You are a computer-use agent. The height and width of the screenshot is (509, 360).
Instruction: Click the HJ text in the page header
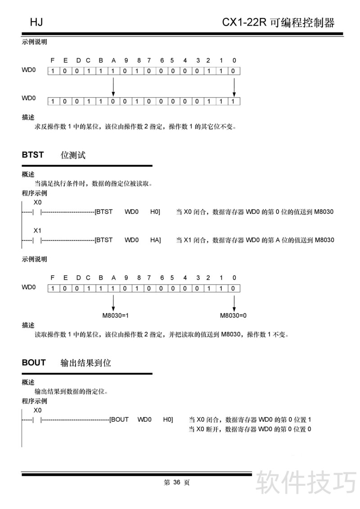point(36,22)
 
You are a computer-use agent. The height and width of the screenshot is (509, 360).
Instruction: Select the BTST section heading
point(33,155)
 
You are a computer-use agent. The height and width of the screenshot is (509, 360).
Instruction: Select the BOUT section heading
point(34,362)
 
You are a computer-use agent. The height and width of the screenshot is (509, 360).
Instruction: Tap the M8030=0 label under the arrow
point(233,316)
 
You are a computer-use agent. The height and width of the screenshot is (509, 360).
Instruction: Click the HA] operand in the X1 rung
point(155,240)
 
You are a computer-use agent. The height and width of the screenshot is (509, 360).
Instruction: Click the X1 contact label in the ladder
point(38,230)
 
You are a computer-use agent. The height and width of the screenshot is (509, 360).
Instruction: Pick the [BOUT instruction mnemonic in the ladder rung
point(119,420)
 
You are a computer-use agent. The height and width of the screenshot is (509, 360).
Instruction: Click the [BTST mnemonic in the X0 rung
point(104,211)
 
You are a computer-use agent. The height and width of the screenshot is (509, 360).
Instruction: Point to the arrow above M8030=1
point(113,302)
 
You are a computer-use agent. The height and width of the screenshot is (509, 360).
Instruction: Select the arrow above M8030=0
point(233,302)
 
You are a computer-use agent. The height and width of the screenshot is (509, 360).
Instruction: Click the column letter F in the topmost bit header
point(53,60)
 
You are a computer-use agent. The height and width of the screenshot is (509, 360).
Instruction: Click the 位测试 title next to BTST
point(73,155)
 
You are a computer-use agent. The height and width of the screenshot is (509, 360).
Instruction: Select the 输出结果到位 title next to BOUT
point(85,362)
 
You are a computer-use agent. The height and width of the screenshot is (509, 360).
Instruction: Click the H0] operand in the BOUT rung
point(168,420)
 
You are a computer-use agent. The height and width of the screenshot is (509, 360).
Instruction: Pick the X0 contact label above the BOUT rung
point(38,410)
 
